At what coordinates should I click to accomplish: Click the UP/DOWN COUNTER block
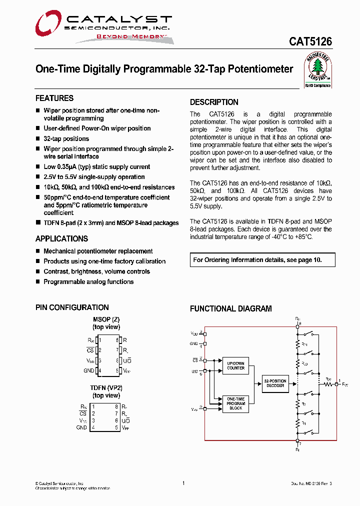coord(235,365)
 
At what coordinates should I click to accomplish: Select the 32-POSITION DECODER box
coord(275,383)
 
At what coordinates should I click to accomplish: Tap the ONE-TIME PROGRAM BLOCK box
coord(235,403)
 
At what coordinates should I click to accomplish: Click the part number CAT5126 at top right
coord(310,42)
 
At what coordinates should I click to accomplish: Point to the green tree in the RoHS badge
coord(318,67)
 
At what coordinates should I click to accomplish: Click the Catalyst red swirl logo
coord(48,25)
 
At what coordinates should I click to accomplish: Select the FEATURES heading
coord(54,98)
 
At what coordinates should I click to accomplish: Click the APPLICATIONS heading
coord(61,238)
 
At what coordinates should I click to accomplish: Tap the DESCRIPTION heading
coord(214,102)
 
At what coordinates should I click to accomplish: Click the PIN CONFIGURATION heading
coord(72,307)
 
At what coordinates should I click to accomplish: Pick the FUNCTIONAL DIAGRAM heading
coord(230,309)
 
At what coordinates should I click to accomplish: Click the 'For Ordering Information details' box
coord(262,260)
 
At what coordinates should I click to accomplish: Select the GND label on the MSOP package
coord(88,370)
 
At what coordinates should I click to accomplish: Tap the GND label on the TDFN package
coord(81,427)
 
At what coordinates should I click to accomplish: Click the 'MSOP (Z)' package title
coord(106,319)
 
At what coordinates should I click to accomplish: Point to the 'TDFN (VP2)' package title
coord(106,388)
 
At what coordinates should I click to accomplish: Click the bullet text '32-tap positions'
coord(66,138)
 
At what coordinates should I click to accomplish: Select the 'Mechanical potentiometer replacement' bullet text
coord(98,251)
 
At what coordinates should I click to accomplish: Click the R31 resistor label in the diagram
coord(304,344)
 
